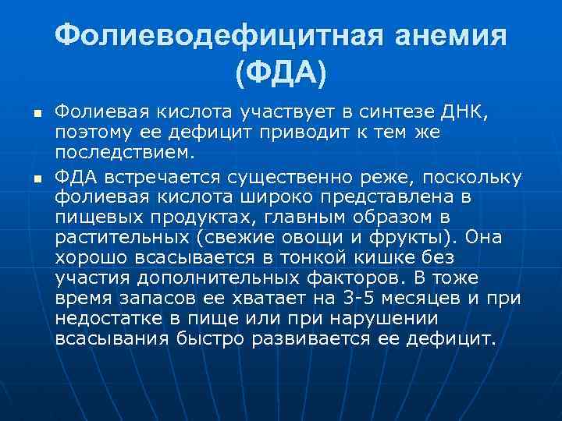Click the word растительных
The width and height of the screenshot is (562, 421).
tap(120, 237)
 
